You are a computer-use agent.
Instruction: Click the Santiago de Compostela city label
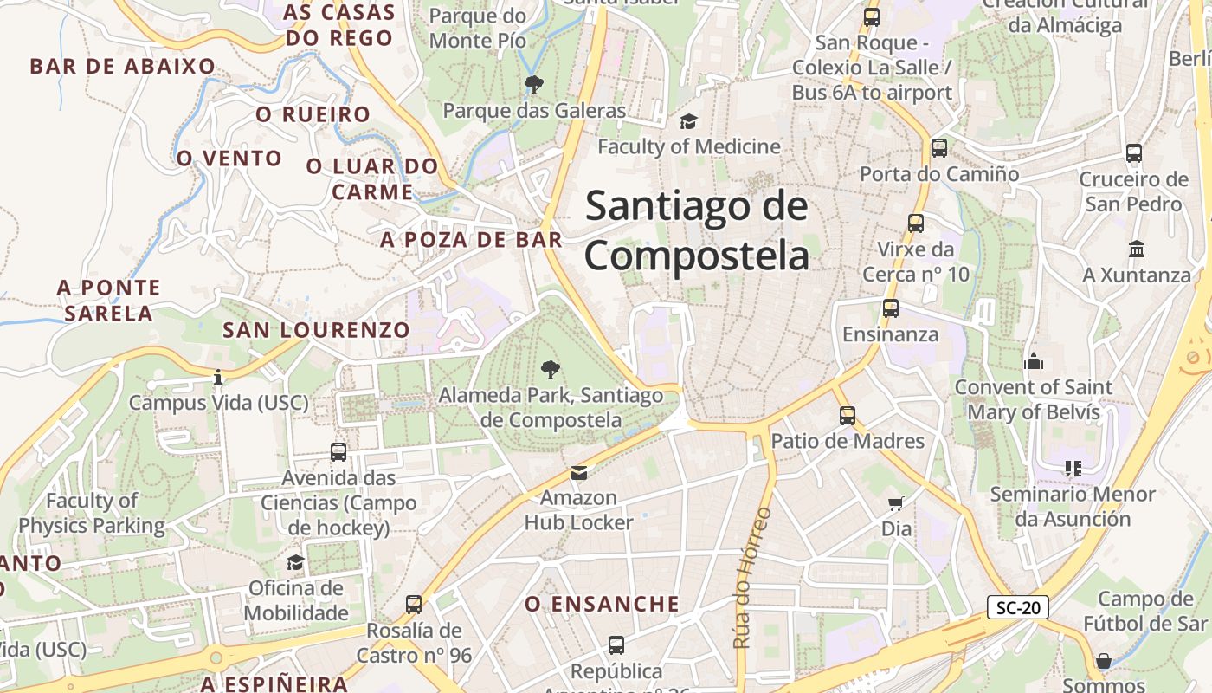click(x=697, y=230)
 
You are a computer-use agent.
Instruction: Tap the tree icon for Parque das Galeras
click(x=534, y=85)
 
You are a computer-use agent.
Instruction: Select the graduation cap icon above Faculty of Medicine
click(x=688, y=121)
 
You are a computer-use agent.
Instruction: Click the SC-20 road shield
click(x=1017, y=607)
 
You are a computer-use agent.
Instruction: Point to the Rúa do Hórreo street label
click(x=751, y=577)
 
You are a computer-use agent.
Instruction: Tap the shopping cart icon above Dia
click(x=896, y=503)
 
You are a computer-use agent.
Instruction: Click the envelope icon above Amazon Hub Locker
click(x=579, y=473)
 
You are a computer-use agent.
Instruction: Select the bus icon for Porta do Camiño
click(x=939, y=148)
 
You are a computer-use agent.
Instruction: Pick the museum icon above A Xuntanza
click(x=1137, y=249)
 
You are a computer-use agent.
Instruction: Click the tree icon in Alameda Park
click(x=549, y=371)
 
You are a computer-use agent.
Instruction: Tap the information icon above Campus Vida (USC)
click(x=218, y=377)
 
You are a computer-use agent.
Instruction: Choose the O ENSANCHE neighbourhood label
click(x=603, y=604)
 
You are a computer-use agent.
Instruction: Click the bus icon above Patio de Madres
click(x=848, y=416)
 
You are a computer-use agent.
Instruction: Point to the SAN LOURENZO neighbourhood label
click(x=316, y=330)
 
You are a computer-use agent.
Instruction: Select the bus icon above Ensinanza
click(x=891, y=308)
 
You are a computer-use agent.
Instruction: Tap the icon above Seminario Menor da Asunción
click(x=1073, y=469)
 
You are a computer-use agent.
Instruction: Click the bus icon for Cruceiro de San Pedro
click(x=1134, y=154)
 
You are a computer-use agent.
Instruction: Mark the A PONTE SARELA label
click(x=109, y=300)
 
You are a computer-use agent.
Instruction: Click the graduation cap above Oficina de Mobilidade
click(x=295, y=563)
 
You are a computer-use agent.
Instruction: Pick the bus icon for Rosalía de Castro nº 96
click(x=414, y=605)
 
